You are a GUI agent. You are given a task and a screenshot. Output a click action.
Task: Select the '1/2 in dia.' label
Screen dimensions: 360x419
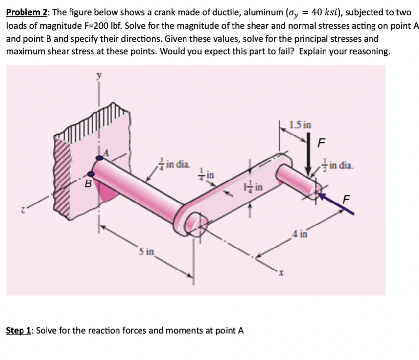(337, 163)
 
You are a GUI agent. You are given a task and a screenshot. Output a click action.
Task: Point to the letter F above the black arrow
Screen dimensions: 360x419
(321, 143)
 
